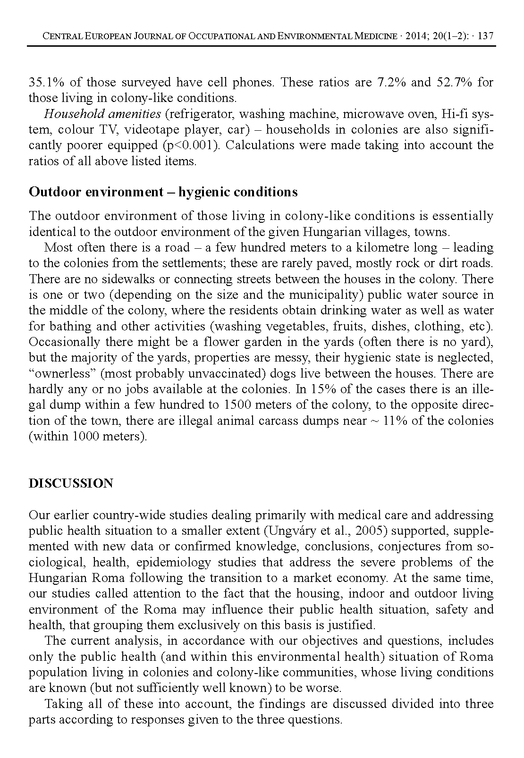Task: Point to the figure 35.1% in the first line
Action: [47, 83]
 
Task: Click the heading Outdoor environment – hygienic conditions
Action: [163, 192]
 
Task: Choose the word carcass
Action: [296, 421]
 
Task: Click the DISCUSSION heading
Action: [71, 484]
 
